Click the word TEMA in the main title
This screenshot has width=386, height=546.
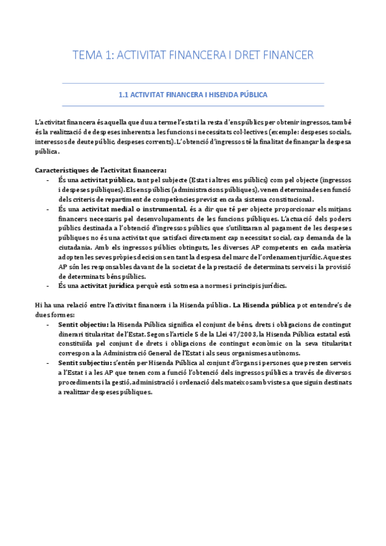click(83, 56)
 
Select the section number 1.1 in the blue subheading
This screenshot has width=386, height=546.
click(124, 95)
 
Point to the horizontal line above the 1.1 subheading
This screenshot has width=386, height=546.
click(193, 84)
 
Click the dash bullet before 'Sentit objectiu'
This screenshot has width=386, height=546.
click(50, 325)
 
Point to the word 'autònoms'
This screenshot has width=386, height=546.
click(282, 353)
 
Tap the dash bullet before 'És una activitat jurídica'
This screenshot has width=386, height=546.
click(50, 285)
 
